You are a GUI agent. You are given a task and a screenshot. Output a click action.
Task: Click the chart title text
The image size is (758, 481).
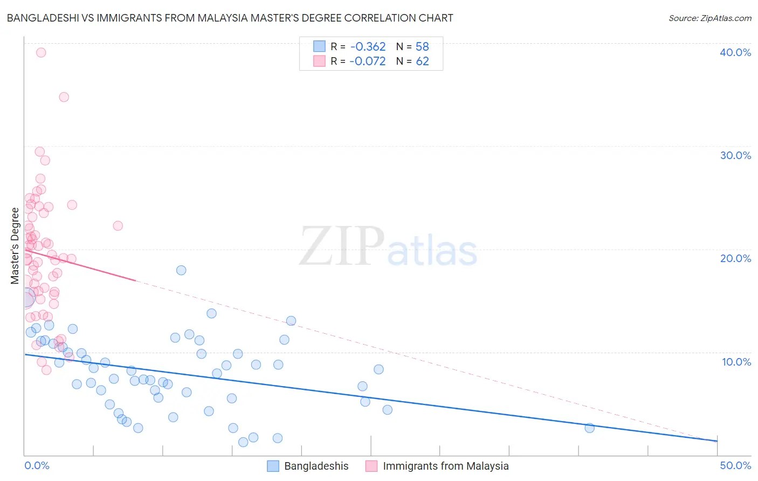point(230,18)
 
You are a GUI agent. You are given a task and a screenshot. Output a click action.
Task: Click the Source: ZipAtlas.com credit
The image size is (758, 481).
point(709,18)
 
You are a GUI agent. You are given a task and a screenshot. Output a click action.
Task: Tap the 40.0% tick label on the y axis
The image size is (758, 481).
point(735,52)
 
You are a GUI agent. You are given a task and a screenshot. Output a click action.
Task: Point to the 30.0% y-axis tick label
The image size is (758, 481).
point(735,155)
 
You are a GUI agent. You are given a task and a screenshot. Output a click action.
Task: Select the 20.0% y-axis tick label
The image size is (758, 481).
point(735,258)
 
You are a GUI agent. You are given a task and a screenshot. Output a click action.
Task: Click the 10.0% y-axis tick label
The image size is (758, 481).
point(736,362)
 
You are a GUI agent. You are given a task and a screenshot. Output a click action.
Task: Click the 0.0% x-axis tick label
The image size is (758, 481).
point(37,465)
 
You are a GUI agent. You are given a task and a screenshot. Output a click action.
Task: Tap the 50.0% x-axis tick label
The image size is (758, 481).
point(735,465)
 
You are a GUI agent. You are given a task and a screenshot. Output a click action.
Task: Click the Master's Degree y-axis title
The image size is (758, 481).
point(15,246)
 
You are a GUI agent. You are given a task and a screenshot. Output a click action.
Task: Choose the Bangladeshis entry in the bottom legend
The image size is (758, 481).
point(316,466)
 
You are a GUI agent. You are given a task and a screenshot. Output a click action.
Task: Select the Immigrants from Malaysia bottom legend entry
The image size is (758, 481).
point(445,466)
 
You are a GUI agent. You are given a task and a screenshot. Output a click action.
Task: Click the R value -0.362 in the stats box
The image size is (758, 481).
point(368,47)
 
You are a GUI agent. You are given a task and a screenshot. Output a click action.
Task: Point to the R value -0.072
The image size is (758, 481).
point(368,61)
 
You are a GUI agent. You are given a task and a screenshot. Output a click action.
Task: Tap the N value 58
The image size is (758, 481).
point(422,47)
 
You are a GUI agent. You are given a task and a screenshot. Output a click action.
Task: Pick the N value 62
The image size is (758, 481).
point(422,61)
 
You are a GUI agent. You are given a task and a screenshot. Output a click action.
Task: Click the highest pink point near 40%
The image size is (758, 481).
point(41,53)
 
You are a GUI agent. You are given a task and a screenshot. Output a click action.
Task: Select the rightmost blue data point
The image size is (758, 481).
point(590,428)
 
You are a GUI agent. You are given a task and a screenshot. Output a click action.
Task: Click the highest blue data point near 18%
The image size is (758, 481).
point(181,270)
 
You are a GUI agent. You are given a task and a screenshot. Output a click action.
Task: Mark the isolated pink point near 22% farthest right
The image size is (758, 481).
point(118,226)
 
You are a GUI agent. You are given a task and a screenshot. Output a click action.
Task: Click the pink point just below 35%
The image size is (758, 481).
point(64,97)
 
